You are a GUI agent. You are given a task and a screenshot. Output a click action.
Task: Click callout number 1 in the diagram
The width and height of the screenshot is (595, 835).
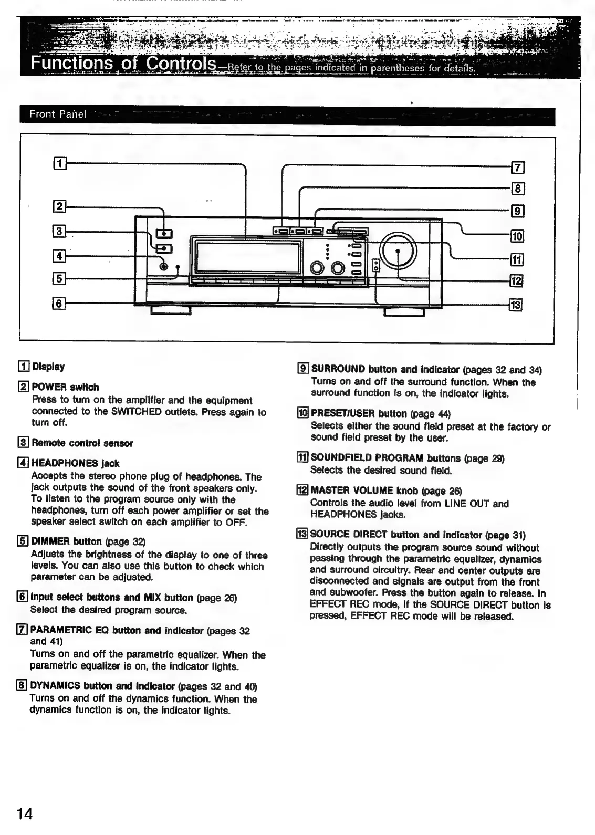[x=60, y=163]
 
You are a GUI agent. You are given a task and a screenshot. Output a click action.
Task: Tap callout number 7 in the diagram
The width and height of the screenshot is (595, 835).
[x=518, y=168]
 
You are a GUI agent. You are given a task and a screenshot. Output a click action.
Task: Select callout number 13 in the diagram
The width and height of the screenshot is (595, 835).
[x=517, y=305]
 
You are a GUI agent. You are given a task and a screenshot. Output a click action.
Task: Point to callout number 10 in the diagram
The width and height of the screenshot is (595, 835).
[x=517, y=236]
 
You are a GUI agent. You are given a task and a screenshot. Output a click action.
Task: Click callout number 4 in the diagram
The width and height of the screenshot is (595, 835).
[x=59, y=256]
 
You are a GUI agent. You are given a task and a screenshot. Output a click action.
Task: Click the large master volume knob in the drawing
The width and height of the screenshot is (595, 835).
[x=398, y=251]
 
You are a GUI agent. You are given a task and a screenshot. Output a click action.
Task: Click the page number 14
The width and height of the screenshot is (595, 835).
[x=25, y=814]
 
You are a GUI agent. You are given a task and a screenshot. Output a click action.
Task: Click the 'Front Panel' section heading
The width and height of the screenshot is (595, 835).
[x=57, y=114]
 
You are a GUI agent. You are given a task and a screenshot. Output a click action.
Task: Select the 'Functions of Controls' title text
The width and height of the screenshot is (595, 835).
[x=123, y=64]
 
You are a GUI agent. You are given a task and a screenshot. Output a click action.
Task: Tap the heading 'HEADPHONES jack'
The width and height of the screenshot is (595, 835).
[x=75, y=463]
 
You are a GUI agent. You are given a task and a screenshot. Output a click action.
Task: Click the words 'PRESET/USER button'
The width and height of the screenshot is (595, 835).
[x=359, y=414]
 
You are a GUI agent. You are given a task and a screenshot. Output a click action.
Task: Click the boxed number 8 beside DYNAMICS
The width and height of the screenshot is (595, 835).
[x=22, y=686]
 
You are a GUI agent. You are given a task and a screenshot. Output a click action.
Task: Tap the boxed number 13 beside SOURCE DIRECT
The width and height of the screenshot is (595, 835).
[x=302, y=535]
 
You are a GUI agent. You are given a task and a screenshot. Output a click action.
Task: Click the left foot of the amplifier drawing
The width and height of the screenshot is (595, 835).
[x=171, y=310]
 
